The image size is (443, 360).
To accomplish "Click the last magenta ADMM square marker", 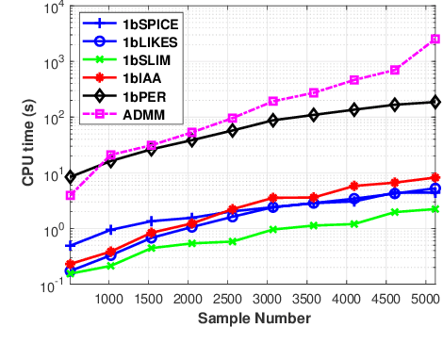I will (435, 39).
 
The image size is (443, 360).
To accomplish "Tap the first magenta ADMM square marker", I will (71, 195).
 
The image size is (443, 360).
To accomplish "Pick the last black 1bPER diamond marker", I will (435, 102).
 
